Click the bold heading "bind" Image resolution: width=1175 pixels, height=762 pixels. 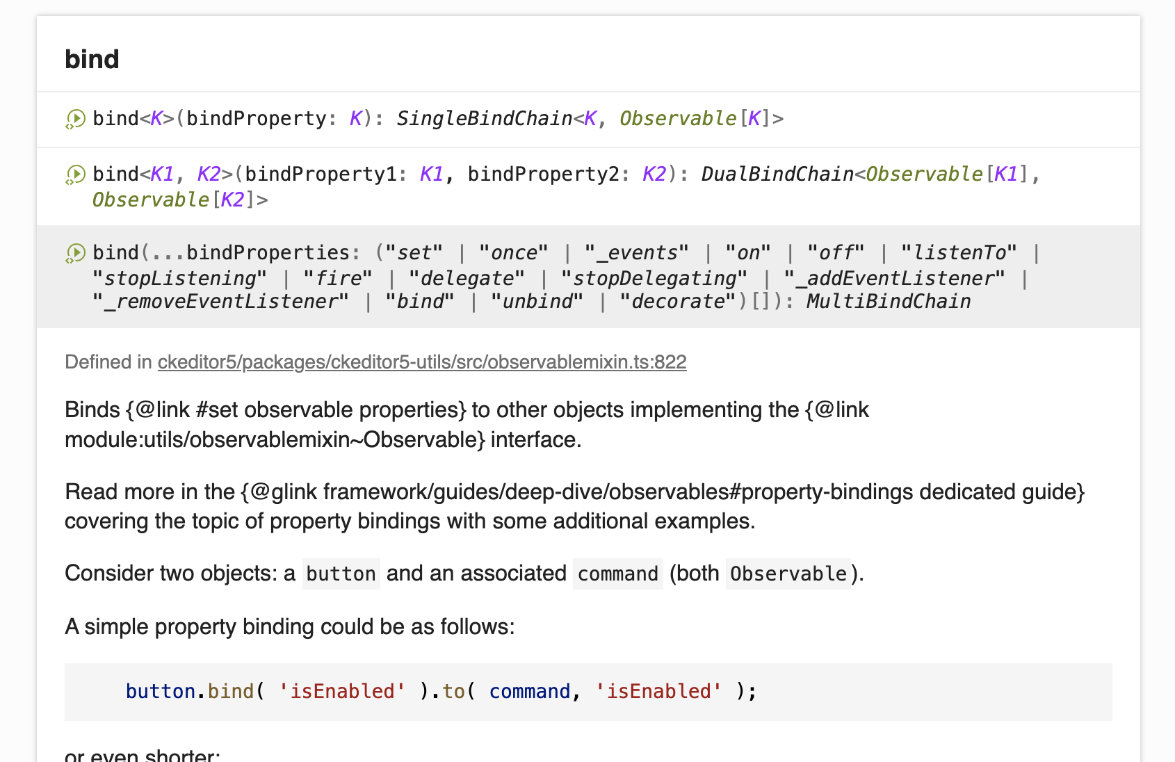(92, 59)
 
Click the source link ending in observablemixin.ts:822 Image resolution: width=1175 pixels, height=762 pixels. (421, 362)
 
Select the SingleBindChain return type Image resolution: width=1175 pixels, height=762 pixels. (484, 119)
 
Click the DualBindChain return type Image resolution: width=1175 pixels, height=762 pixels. (777, 174)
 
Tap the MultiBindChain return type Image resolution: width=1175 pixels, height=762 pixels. (888, 302)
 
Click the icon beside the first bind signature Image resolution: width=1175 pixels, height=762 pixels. (75, 119)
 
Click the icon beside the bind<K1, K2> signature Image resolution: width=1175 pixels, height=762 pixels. (75, 174)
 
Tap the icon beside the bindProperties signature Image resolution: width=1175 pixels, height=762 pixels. (75, 253)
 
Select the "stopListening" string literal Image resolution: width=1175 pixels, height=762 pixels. (179, 279)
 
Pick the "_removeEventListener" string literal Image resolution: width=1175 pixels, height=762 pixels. (220, 302)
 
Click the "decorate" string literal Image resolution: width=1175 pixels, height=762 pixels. (677, 302)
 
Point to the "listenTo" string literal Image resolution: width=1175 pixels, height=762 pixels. (959, 253)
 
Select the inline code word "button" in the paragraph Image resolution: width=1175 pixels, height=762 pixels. (341, 574)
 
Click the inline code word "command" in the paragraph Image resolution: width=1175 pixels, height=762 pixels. (617, 574)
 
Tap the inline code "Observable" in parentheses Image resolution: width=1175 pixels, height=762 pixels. (788, 574)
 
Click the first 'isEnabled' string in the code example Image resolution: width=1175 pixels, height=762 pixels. (342, 691)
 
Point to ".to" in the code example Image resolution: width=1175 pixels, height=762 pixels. (453, 691)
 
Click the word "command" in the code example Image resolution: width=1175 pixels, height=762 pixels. (529, 691)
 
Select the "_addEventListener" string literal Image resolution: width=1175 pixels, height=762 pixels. (894, 279)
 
